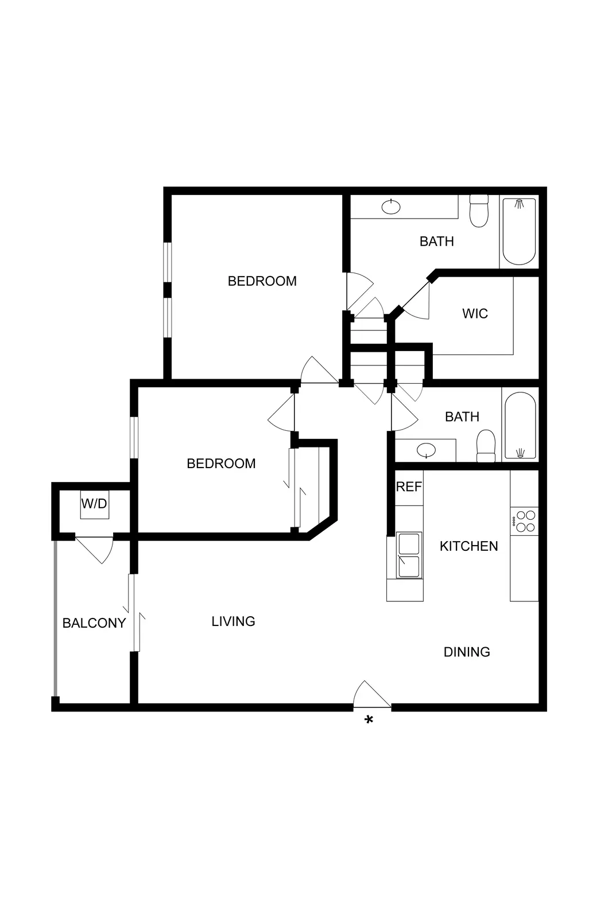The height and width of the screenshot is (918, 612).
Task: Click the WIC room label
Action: (475, 314)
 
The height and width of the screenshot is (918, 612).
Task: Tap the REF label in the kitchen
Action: (409, 487)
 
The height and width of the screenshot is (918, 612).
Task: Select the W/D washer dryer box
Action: (94, 504)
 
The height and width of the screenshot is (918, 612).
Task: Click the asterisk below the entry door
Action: (369, 720)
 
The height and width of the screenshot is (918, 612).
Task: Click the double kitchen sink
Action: (409, 555)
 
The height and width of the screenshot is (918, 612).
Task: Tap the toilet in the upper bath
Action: (478, 211)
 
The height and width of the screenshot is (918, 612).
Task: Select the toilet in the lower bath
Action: (486, 446)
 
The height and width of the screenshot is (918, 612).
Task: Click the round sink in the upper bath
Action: (391, 207)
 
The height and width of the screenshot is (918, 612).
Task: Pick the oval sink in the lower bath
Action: (426, 450)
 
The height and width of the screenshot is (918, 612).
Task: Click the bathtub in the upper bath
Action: (519, 231)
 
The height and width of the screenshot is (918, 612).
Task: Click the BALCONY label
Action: (94, 623)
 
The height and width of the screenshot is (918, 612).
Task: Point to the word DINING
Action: (467, 652)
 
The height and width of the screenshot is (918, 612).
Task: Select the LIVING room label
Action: (233, 621)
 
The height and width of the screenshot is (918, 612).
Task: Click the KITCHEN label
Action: (468, 546)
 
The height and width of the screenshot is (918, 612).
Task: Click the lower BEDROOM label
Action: (221, 464)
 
